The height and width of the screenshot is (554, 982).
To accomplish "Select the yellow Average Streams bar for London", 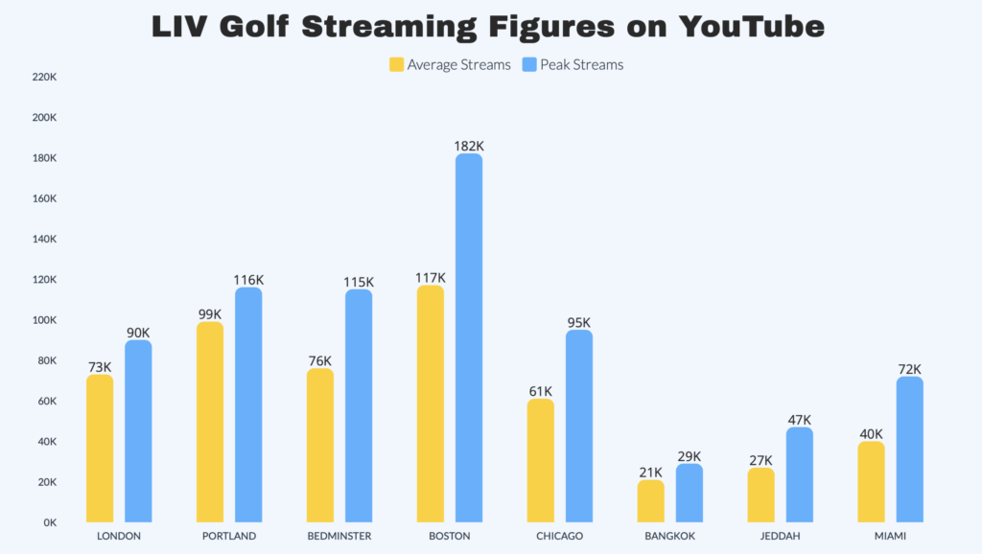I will click(x=100, y=449).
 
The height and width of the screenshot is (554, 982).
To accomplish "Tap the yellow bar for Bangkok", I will click(x=651, y=500).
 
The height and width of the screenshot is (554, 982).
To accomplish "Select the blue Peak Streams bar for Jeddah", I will click(x=800, y=474).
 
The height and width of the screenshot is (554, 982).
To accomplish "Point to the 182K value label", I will click(x=469, y=146).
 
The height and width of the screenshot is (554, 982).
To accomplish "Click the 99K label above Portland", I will click(x=210, y=313).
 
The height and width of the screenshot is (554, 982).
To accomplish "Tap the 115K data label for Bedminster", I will click(x=359, y=282).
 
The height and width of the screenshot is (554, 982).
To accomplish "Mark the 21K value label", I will click(x=651, y=472).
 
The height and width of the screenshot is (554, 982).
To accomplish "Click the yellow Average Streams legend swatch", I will click(x=396, y=65).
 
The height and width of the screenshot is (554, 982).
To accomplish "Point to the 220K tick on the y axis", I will click(x=45, y=78).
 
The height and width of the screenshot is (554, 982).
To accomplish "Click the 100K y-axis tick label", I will click(x=45, y=320).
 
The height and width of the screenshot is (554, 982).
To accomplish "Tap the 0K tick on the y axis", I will click(x=50, y=522).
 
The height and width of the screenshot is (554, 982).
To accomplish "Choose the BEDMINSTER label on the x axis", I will click(x=339, y=536).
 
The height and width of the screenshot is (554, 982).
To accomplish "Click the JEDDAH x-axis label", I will click(x=781, y=536).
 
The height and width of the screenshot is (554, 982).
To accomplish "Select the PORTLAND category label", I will click(x=229, y=536).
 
